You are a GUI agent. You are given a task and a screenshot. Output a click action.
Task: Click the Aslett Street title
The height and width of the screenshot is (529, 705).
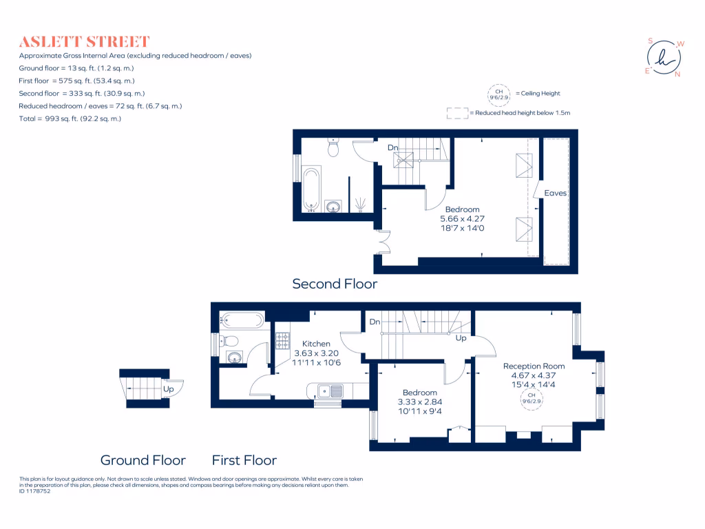click(x=84, y=41)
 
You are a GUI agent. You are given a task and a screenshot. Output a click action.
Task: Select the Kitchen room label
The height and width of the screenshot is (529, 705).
click(x=316, y=344)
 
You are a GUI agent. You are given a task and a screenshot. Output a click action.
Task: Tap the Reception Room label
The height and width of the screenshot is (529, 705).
click(x=534, y=366)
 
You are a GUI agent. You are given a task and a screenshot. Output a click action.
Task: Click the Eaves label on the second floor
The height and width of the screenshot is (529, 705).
click(x=556, y=193)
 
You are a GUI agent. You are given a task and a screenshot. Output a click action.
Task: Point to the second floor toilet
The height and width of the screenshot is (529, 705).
click(x=333, y=147)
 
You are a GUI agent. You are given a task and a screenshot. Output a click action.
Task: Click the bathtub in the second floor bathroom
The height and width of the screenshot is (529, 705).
click(x=311, y=189)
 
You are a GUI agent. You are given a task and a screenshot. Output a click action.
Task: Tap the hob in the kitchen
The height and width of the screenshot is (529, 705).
click(x=283, y=341)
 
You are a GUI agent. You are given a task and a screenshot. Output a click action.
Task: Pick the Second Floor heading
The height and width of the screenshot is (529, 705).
click(x=335, y=284)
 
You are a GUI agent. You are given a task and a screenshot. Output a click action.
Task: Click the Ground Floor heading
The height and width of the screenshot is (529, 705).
click(x=143, y=460)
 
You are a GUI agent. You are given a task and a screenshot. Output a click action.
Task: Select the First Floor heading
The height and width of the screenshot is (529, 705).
click(x=244, y=460)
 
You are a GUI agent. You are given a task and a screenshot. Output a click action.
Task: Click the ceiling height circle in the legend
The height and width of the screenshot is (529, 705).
click(x=500, y=94)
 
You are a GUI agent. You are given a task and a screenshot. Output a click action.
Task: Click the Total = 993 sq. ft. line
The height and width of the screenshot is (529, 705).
click(x=70, y=118)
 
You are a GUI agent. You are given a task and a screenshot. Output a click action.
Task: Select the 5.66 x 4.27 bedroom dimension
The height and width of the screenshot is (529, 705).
click(x=462, y=218)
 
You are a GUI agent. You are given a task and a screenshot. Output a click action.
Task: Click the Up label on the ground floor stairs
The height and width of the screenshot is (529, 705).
click(x=168, y=389)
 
